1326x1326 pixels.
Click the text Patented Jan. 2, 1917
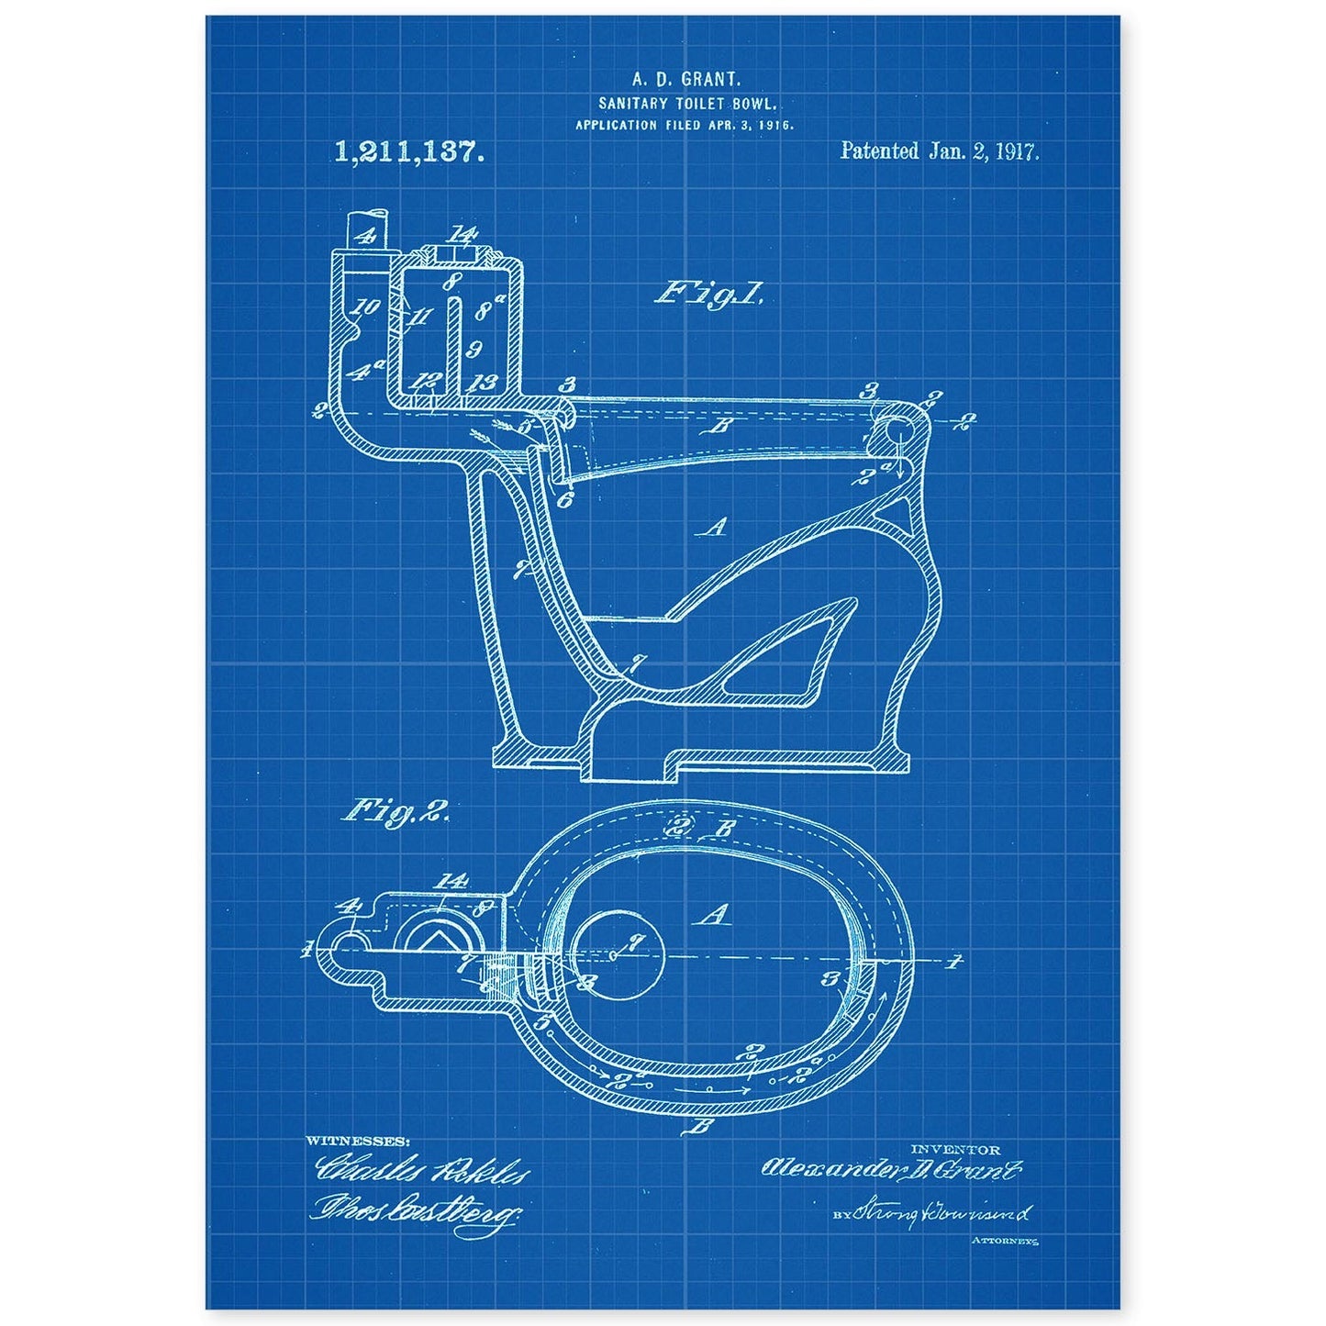(x=940, y=152)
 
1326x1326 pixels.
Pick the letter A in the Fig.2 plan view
(x=707, y=914)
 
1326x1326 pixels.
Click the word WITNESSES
(x=358, y=1141)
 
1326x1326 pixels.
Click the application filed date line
(x=684, y=124)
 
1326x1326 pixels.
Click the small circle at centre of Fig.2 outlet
(x=612, y=954)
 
